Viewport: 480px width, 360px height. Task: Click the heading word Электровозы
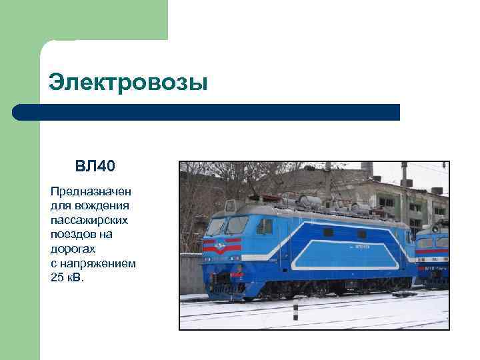128,83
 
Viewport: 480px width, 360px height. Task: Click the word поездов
71,234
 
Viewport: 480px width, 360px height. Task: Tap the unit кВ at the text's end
76,277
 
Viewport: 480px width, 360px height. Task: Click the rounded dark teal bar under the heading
206,112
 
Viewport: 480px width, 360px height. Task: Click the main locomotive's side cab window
265,226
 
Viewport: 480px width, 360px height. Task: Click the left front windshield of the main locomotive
217,227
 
